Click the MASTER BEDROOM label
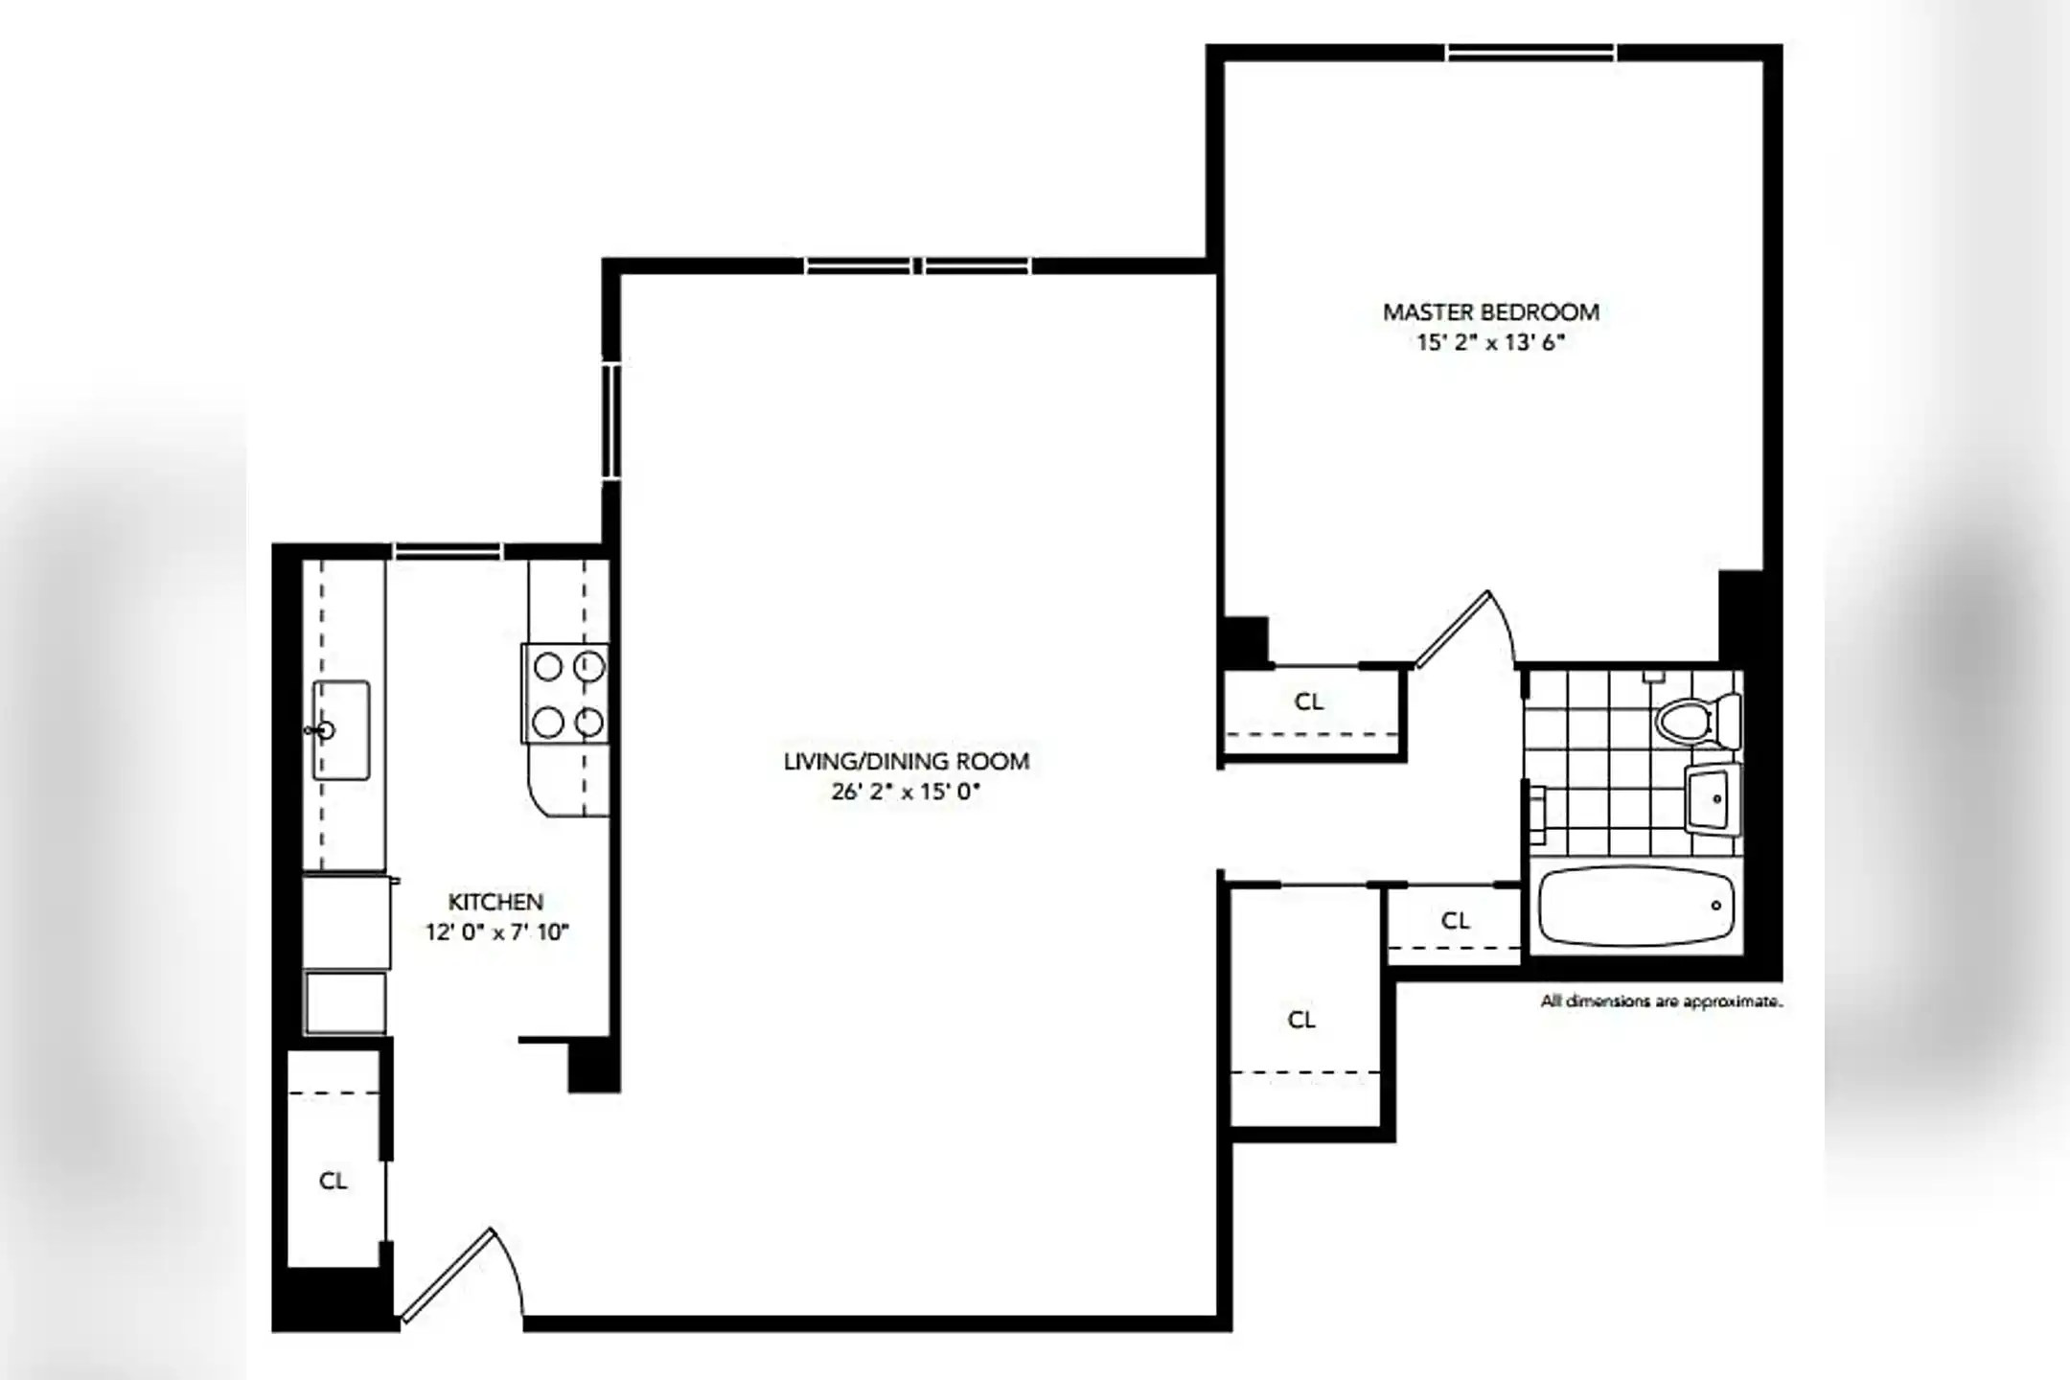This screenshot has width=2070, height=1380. click(1490, 311)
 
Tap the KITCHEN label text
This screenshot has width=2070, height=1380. click(495, 902)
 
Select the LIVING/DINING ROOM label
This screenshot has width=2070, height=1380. click(907, 762)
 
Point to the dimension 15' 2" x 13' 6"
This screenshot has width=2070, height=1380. click(1490, 342)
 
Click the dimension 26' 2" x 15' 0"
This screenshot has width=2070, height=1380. click(907, 793)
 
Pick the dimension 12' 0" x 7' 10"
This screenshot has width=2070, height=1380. click(497, 931)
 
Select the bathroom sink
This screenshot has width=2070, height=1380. click(1713, 798)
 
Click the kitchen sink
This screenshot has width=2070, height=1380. click(340, 730)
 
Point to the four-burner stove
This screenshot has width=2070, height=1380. click(564, 694)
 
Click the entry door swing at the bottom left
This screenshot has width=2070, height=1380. click(460, 1275)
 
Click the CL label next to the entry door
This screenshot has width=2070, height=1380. click(333, 1181)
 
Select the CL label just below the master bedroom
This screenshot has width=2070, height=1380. click(1309, 701)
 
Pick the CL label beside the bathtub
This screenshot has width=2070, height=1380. click(1456, 921)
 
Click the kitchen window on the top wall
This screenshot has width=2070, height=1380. click(448, 551)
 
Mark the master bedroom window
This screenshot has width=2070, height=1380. click(1530, 52)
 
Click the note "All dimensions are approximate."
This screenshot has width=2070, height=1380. click(1662, 1001)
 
